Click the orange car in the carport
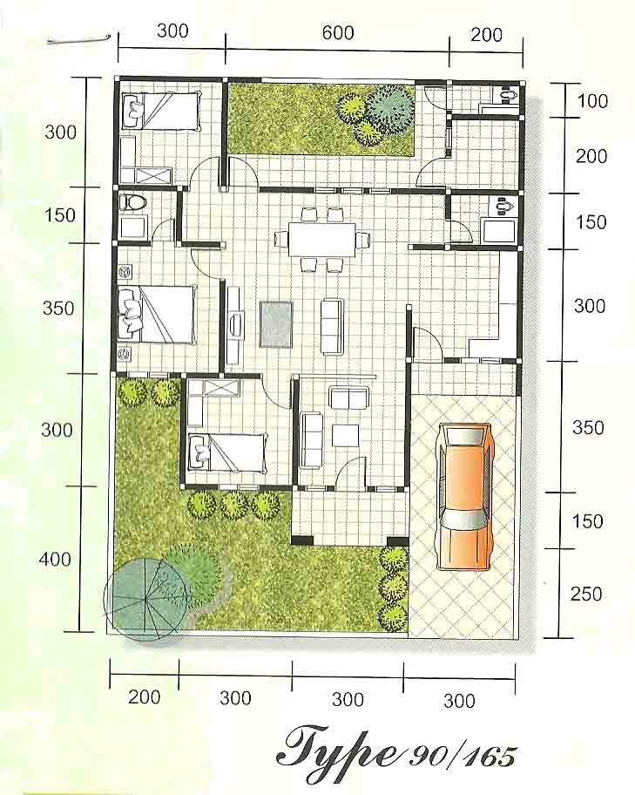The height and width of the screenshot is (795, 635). click(x=465, y=495)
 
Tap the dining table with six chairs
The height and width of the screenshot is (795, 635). click(x=321, y=240)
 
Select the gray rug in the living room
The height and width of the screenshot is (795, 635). click(x=276, y=324)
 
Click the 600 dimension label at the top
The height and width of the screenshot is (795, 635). click(x=338, y=33)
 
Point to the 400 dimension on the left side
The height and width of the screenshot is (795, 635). click(x=56, y=560)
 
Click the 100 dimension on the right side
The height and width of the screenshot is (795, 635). click(x=592, y=101)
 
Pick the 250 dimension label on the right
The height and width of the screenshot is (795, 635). click(x=586, y=594)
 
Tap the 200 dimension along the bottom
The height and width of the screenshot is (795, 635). click(x=145, y=697)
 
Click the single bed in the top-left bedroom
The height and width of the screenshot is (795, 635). click(x=160, y=111)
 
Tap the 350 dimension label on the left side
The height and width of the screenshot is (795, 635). click(x=58, y=309)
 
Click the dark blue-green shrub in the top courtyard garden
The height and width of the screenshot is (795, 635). click(x=390, y=109)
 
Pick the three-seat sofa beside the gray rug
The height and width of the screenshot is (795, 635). click(x=332, y=325)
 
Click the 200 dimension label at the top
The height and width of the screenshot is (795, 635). click(x=487, y=35)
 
